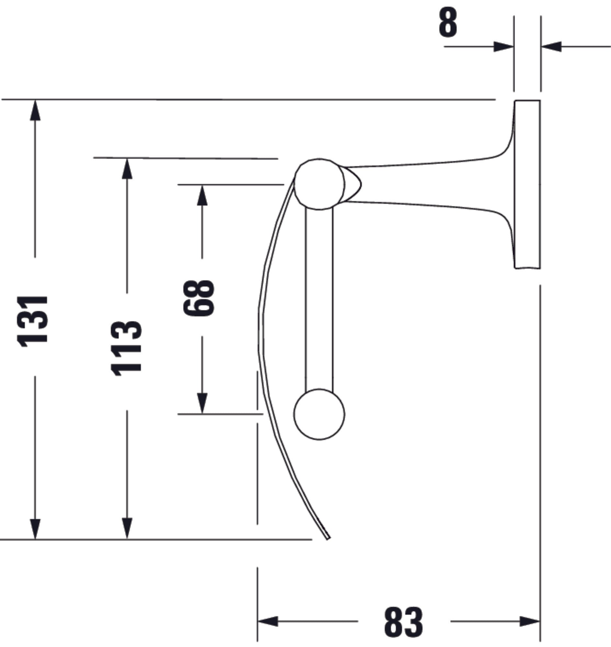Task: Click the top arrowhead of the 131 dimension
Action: pos(35,111)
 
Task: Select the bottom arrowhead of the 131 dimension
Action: pos(35,529)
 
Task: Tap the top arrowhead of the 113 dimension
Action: pos(127,169)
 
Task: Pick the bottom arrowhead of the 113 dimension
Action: pos(127,529)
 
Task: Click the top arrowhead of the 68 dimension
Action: pos(202,195)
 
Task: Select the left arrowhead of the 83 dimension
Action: pos(268,621)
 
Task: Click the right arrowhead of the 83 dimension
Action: pos(530,621)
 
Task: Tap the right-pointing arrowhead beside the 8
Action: pos(504,47)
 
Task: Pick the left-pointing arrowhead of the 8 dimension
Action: pos(551,47)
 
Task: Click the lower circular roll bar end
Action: pos(319,414)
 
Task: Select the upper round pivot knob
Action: pos(319,184)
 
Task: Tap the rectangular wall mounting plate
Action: pos(527,184)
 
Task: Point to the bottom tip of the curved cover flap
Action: pos(328,538)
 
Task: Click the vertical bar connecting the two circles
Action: pos(319,300)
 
